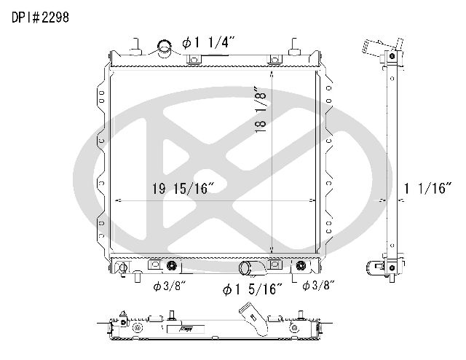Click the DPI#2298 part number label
(40, 17)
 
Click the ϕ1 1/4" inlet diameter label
(208, 42)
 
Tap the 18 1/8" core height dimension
(260, 110)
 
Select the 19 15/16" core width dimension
(183, 189)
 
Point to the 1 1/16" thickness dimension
(427, 188)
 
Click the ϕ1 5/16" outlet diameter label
(252, 289)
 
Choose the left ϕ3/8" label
(169, 286)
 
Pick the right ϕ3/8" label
(318, 286)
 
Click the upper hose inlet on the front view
(164, 48)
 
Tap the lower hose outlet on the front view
(250, 267)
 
